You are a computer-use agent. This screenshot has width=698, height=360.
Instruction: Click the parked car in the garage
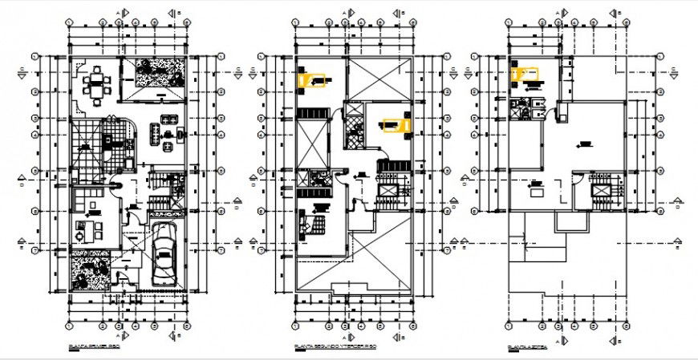point(164,255)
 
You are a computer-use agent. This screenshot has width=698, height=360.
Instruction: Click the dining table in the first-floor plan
point(96,84)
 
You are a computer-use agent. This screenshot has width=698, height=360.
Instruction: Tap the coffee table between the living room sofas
point(168,133)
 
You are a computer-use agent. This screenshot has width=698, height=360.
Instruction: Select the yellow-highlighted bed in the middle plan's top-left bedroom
point(313,79)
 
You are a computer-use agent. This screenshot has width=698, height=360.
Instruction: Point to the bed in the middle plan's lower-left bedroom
point(311,222)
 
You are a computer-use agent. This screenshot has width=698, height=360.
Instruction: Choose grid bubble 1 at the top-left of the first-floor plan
point(36,56)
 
